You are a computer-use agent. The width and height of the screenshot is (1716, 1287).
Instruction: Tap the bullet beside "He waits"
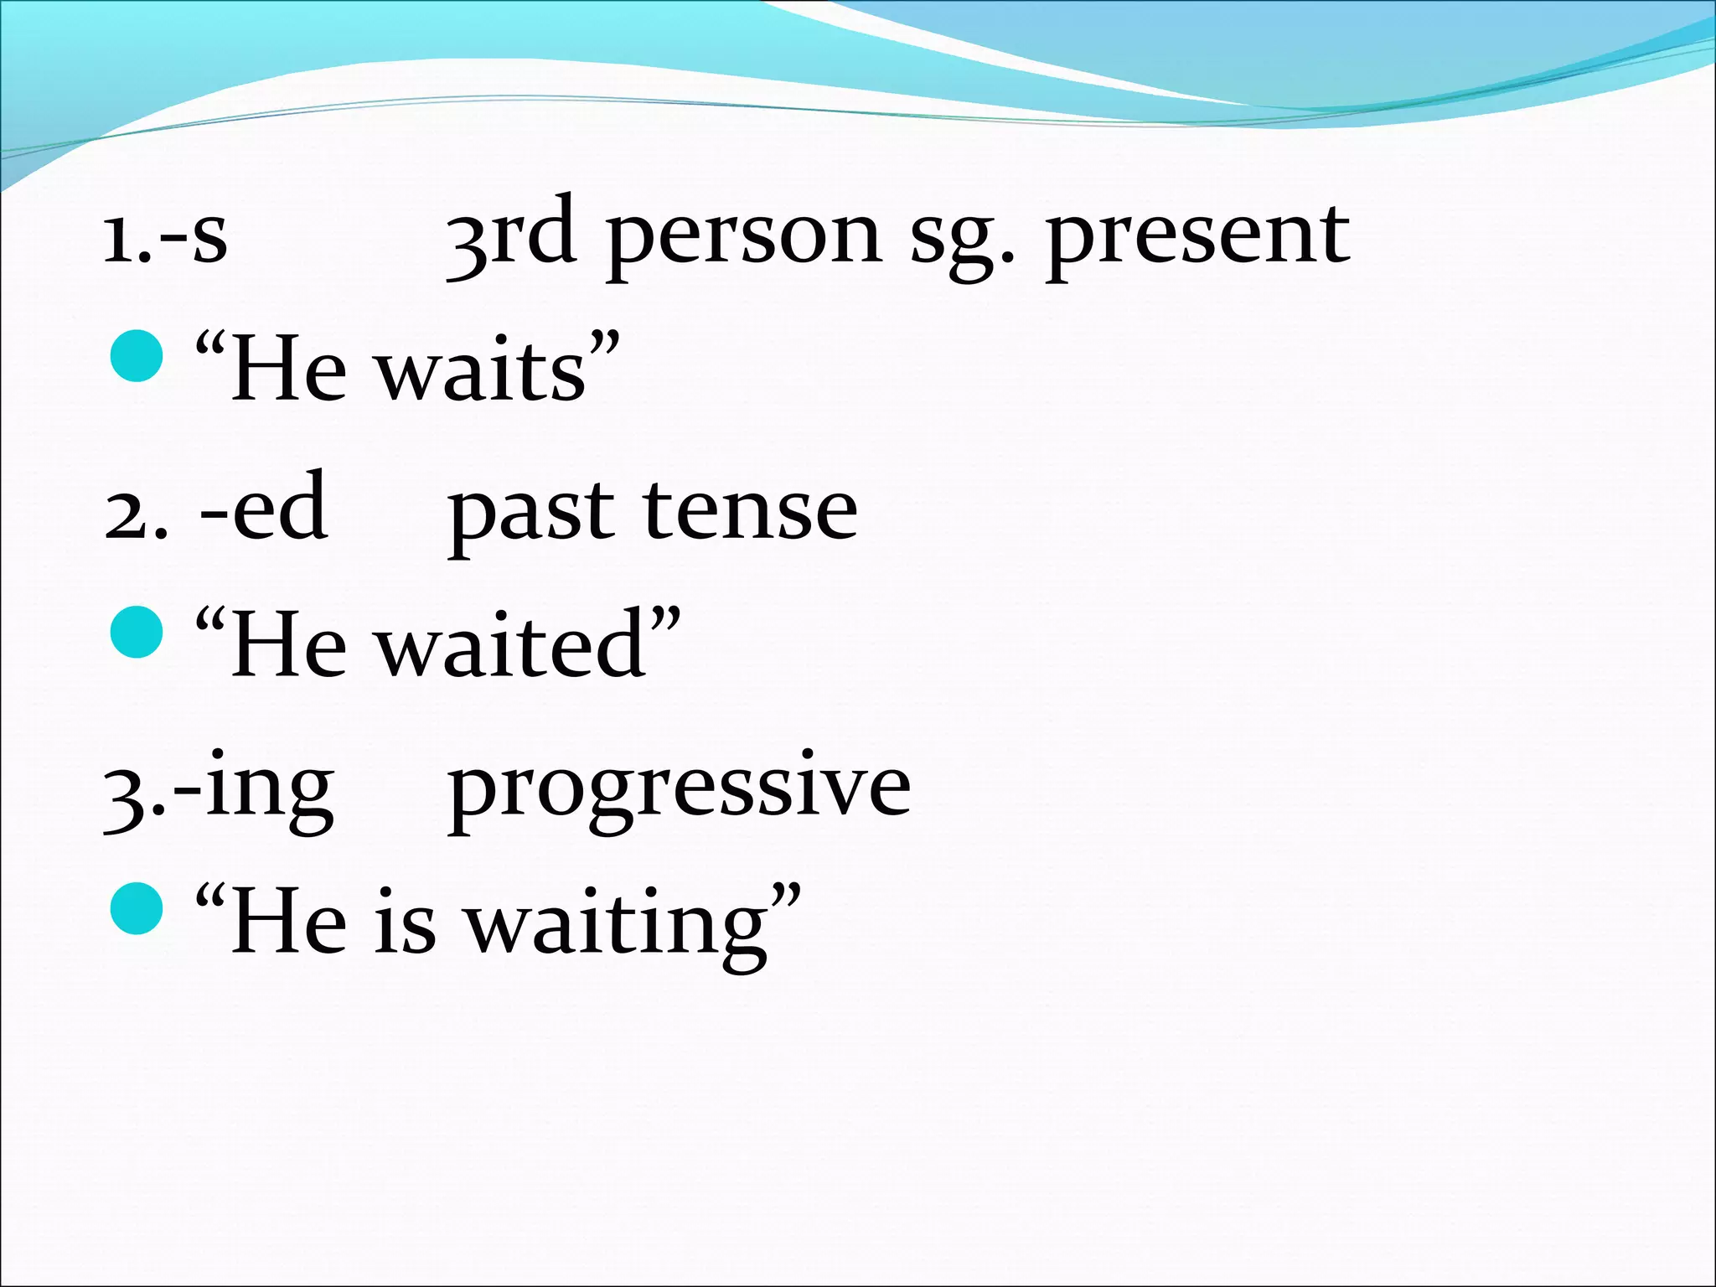pos(136,356)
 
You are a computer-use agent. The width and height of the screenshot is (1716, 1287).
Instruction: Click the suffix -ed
pos(263,508)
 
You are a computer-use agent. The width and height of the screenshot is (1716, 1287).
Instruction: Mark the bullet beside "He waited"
pos(136,632)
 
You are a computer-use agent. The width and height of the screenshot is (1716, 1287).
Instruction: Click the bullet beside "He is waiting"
pos(136,907)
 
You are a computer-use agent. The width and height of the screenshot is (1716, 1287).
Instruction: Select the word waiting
pos(617,926)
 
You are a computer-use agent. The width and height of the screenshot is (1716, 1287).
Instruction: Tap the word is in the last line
pos(405,923)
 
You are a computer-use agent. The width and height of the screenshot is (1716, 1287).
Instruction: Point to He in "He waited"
pos(288,646)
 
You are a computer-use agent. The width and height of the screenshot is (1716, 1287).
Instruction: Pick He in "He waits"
pos(288,371)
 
